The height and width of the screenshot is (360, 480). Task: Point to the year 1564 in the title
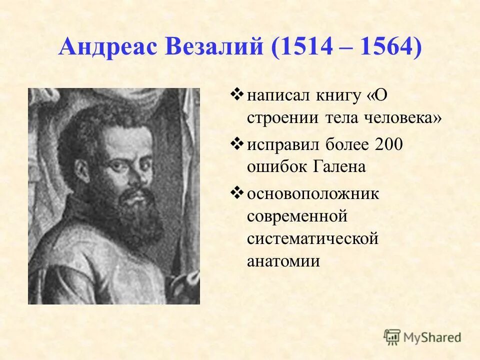tap(383, 48)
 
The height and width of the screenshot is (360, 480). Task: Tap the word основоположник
tap(313, 193)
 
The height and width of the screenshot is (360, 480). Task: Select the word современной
tap(297, 216)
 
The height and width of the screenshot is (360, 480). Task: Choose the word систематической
tap(312, 239)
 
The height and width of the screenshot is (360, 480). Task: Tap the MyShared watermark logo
tap(422, 337)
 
